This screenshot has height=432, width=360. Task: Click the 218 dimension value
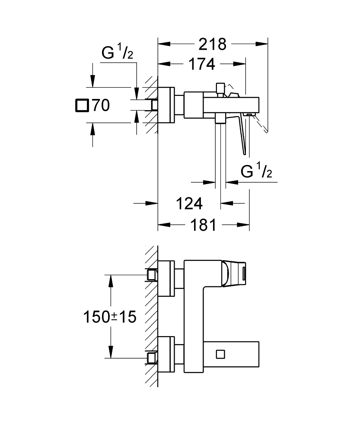pos(212,44)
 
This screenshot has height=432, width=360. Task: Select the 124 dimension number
pos(189,203)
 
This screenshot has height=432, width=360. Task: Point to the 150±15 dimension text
pos(109,317)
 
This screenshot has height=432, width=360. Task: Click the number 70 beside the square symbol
pos(100,105)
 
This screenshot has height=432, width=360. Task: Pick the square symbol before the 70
pos(81,105)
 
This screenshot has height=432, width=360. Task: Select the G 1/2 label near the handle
pos(256,172)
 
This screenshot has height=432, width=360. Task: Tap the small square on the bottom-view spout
pos(220,354)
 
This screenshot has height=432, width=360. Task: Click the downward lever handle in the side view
pos(242,134)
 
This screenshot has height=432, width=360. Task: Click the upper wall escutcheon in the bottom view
pos(166,279)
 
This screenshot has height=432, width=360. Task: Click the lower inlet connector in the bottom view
pos(152,357)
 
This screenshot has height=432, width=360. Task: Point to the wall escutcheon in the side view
pos(166,105)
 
